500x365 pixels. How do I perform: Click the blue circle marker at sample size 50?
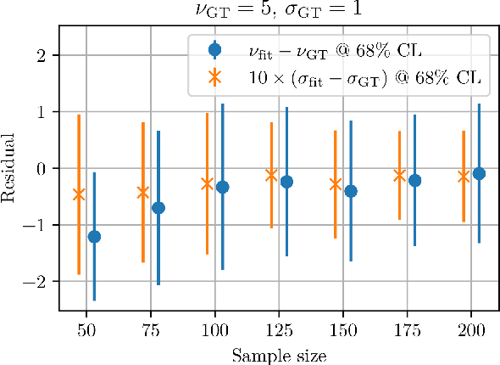pyautogui.click(x=94, y=236)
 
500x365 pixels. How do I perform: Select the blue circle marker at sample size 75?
pyautogui.click(x=158, y=207)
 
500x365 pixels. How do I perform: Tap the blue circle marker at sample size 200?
pyautogui.click(x=479, y=173)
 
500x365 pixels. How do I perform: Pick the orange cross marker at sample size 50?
pyautogui.click(x=79, y=194)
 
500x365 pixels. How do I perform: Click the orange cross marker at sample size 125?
pyautogui.click(x=271, y=175)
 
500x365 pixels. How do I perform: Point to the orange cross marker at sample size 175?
pyautogui.click(x=399, y=175)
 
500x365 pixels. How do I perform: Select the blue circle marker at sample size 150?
pyautogui.click(x=351, y=191)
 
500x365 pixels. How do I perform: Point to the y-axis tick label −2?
pyautogui.click(x=40, y=281)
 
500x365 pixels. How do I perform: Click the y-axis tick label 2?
pyautogui.click(x=44, y=56)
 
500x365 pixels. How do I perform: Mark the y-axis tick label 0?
pyautogui.click(x=44, y=168)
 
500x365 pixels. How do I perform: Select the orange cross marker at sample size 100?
pyautogui.click(x=207, y=182)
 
